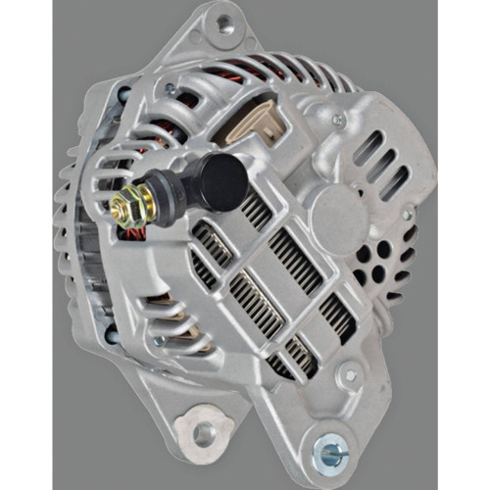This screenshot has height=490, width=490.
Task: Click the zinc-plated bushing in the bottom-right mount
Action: pyautogui.click(x=330, y=453)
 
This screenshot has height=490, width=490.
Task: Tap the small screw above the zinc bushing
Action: pyautogui.click(x=351, y=374)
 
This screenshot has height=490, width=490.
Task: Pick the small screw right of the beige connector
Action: pyautogui.click(x=338, y=121)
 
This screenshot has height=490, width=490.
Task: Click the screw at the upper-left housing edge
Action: pyautogui.click(x=125, y=94)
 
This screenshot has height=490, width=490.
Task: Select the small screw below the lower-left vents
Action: pyautogui.click(x=159, y=341)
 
